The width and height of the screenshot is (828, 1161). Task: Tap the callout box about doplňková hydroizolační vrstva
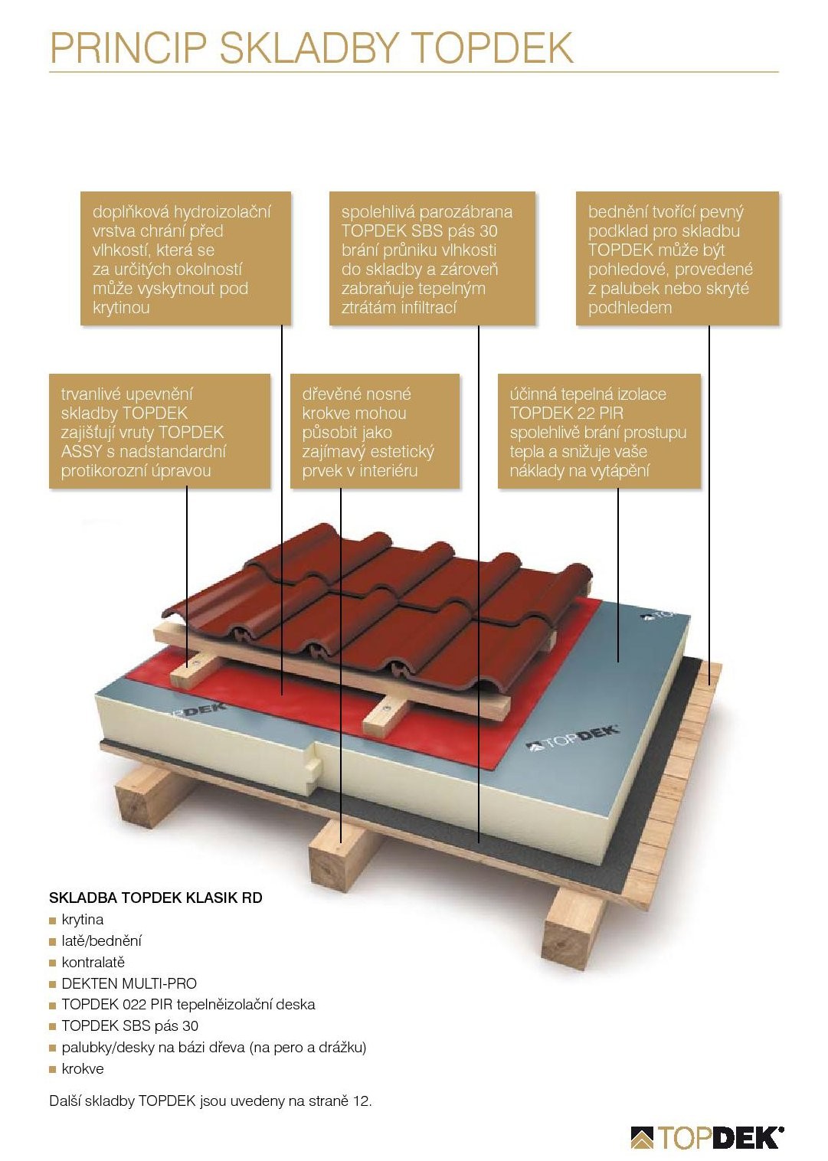click(x=185, y=259)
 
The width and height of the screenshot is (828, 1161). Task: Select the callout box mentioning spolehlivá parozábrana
click(x=432, y=259)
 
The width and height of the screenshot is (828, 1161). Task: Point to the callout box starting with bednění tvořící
click(x=677, y=259)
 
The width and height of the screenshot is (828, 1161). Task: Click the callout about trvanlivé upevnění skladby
click(x=159, y=431)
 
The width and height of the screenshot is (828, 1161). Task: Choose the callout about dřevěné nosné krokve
click(x=375, y=431)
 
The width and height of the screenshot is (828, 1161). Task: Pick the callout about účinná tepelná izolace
click(x=599, y=431)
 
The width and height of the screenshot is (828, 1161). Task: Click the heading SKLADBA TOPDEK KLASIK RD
click(x=155, y=898)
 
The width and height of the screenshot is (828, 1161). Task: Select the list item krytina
click(x=82, y=920)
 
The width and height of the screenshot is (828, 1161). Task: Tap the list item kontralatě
click(x=93, y=963)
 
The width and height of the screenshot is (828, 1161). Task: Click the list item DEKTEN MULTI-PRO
click(x=129, y=983)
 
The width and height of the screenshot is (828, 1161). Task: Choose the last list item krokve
click(x=82, y=1069)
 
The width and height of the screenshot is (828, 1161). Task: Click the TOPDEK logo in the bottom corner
click(x=706, y=1137)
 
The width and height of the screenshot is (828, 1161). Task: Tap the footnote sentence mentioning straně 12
click(x=210, y=1101)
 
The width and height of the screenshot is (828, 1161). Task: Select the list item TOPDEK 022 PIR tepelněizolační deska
click(x=188, y=1005)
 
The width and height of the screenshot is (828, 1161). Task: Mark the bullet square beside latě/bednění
click(x=53, y=942)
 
